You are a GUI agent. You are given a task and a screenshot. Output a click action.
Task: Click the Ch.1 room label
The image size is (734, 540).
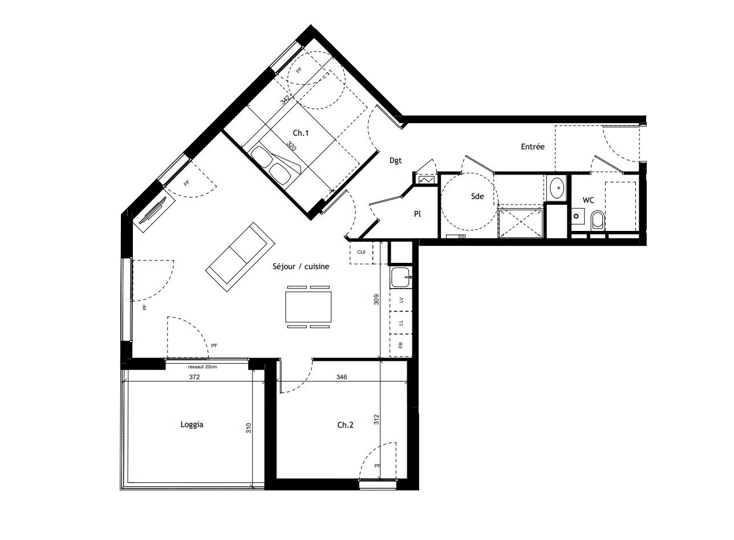tap(301, 133)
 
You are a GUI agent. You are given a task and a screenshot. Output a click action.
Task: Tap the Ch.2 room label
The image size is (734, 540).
tap(345, 425)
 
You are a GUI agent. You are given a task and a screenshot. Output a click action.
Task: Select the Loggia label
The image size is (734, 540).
tap(192, 424)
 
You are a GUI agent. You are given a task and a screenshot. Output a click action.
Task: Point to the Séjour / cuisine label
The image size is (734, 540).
tap(300, 266)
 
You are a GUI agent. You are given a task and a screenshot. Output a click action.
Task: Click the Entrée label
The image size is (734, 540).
tap(533, 147)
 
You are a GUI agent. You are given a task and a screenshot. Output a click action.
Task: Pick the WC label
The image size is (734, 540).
tap(588, 200)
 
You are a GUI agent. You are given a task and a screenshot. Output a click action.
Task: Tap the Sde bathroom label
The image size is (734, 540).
tap(477, 196)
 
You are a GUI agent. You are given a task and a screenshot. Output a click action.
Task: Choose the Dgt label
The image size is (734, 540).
tap(396, 161)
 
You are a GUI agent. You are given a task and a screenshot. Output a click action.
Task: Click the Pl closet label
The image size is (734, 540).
tap(417, 214)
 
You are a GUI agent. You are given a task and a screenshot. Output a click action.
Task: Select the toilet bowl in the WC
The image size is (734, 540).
tap(598, 220)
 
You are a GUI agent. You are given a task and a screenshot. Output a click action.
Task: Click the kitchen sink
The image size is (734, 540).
tap(400, 277)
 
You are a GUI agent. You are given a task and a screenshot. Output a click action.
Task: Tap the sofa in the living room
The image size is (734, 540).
tap(237, 257)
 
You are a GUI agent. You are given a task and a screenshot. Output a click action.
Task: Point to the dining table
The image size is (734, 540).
tap(309, 307)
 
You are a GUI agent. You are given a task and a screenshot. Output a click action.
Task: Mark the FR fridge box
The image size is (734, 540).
tap(401, 346)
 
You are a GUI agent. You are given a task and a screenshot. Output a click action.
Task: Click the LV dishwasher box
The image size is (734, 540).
tap(401, 299)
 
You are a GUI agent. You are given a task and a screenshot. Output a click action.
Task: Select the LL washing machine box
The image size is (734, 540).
tap(401, 322)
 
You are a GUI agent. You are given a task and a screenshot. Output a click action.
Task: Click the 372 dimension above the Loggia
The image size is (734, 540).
tap(195, 377)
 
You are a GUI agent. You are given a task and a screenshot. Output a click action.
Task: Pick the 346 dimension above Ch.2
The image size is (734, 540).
tap(341, 377)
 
